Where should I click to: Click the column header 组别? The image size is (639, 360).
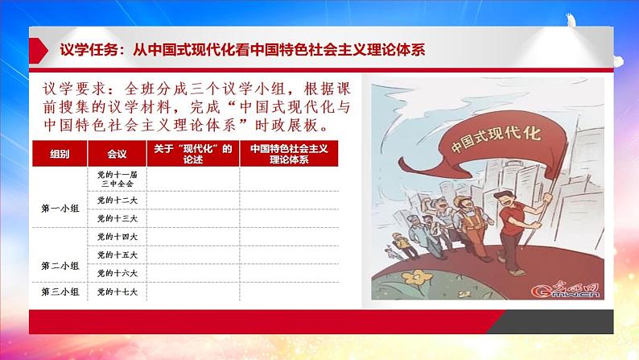pos(60,153)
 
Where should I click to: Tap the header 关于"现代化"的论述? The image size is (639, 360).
pos(192,153)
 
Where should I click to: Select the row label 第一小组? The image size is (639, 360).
pos(60,209)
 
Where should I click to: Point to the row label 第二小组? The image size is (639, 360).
pos(60,265)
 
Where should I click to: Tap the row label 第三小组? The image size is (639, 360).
pos(60,292)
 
